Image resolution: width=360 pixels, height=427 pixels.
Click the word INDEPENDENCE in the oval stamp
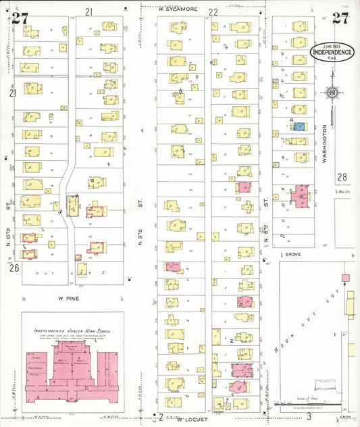click(x=331, y=51)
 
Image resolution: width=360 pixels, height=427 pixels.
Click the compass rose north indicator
click(x=332, y=93)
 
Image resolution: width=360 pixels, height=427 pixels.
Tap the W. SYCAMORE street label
click(x=177, y=9)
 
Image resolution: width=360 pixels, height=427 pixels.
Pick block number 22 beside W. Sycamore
click(x=213, y=12)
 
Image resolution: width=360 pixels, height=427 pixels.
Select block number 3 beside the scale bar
click(x=308, y=417)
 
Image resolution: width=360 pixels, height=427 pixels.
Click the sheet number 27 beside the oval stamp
click(x=340, y=18)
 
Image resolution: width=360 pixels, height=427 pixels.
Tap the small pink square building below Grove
click(x=346, y=278)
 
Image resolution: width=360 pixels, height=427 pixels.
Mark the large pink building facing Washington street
click(x=299, y=197)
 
